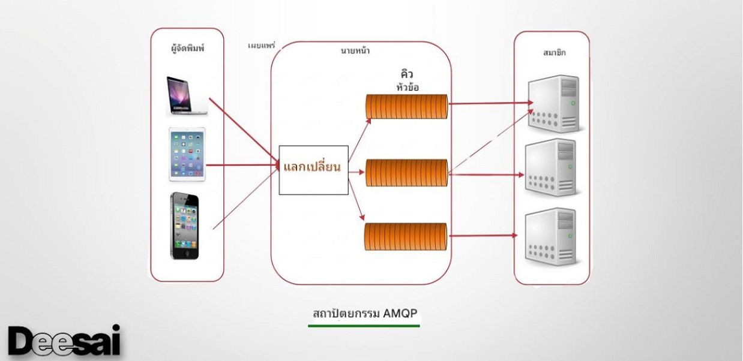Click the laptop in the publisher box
[x=187, y=95]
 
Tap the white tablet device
[x=187, y=155]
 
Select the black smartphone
[x=184, y=225]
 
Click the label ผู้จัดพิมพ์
[x=187, y=48]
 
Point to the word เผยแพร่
[x=260, y=46]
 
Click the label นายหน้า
[x=355, y=52]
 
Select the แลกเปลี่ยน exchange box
[x=313, y=170]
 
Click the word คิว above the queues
[x=408, y=74]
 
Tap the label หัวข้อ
[x=408, y=87]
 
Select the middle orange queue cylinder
[x=408, y=172]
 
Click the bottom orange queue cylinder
[x=408, y=236]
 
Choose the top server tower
[x=552, y=103]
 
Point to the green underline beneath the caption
[x=364, y=326]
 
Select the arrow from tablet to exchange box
[x=243, y=165]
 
